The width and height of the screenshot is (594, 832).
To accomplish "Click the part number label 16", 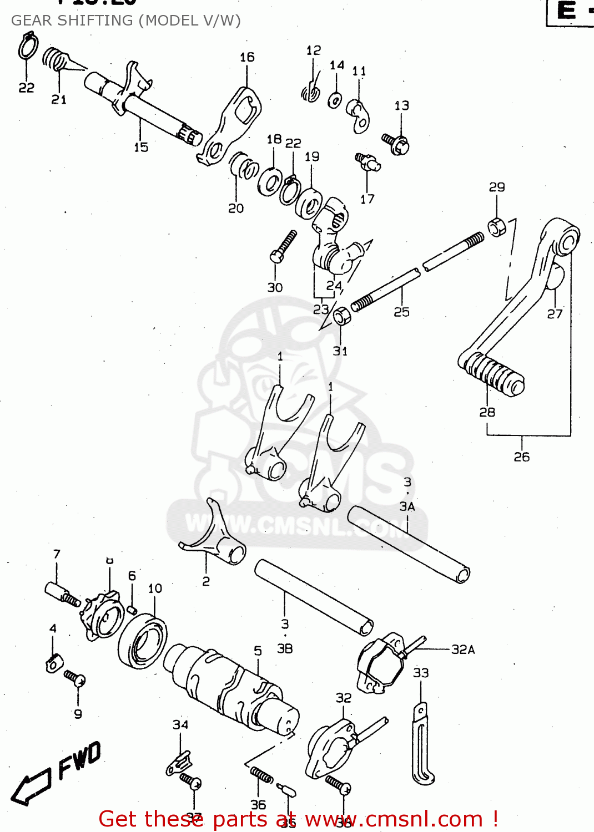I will pos(247,57).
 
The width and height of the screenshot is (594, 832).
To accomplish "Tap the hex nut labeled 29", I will pos(496,227).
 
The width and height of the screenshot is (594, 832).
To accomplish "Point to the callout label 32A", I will pos(462,650).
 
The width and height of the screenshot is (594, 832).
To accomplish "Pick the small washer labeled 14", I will pos(335,100).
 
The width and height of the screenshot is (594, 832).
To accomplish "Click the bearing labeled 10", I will pos(143,641).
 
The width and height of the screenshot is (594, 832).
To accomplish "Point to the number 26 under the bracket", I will pos(521,457).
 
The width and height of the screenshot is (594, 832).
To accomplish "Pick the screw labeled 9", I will pos(74,678).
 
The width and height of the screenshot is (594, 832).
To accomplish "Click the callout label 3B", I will pos(284,648).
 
